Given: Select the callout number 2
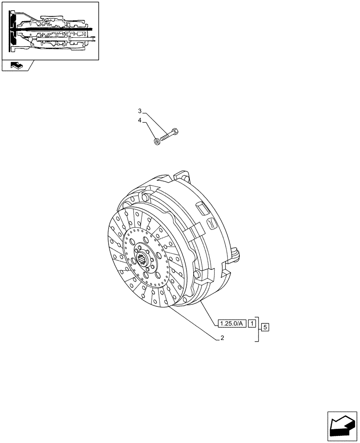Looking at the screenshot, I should (222, 338).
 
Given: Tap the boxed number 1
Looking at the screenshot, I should (251, 323).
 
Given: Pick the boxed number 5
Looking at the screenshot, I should (265, 328).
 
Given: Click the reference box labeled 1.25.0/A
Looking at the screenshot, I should (231, 323).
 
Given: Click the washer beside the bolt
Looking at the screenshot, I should (157, 142).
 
